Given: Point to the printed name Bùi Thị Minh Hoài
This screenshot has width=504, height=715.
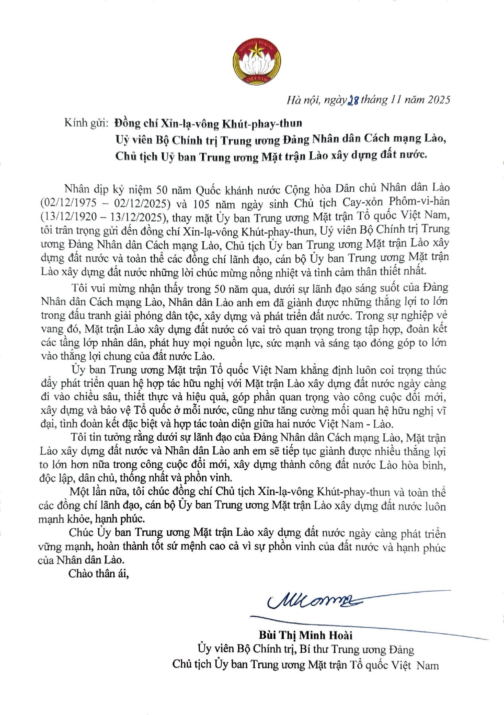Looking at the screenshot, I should tap(306, 635).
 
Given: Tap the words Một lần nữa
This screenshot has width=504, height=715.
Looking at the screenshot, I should tap(98, 492).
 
